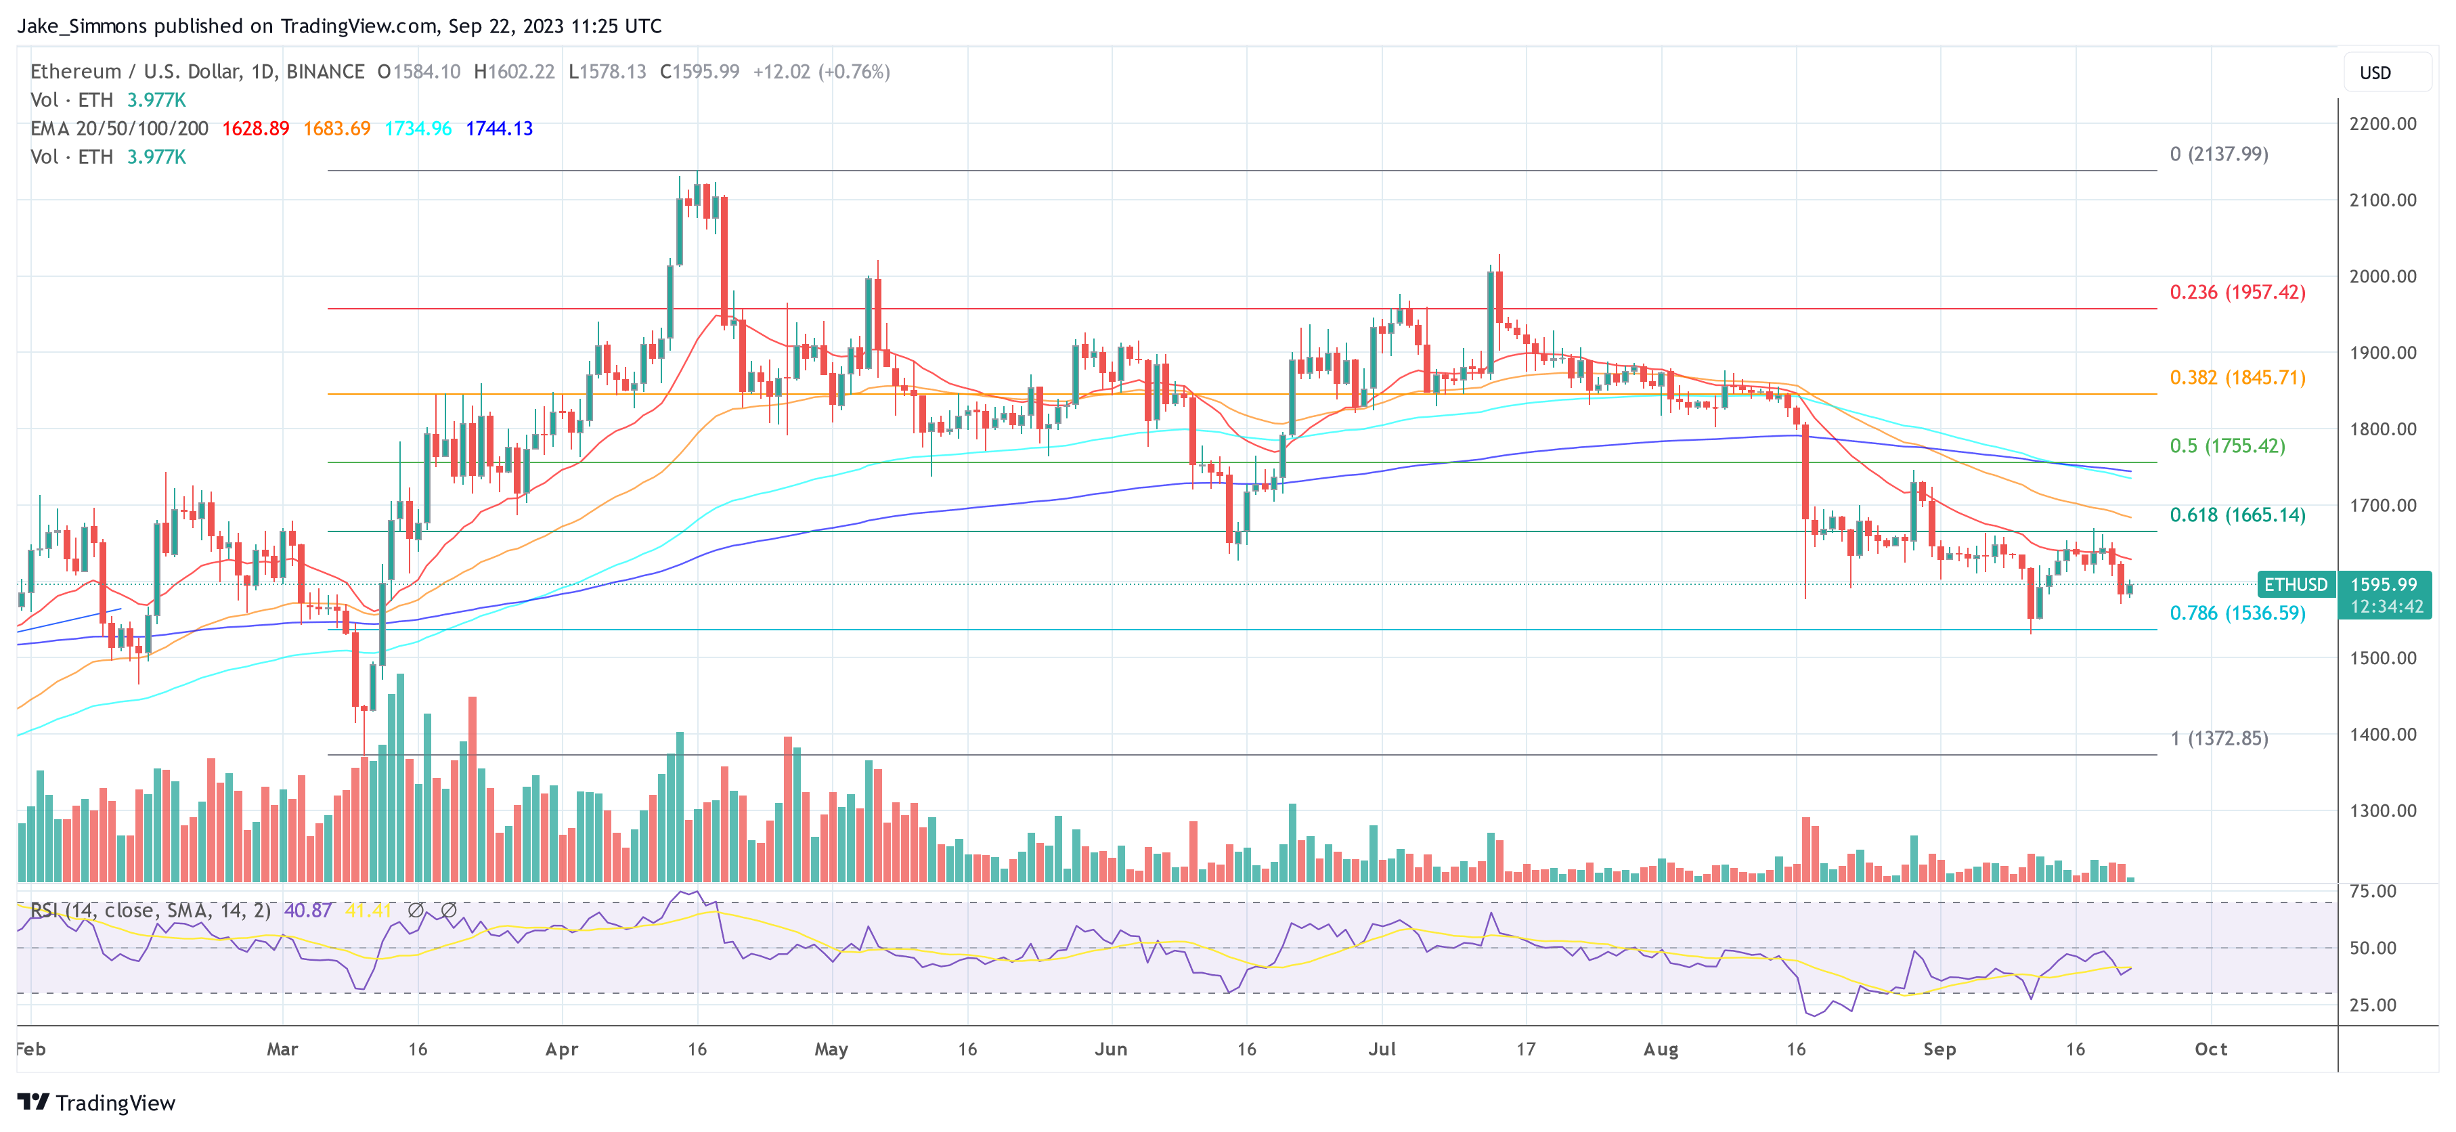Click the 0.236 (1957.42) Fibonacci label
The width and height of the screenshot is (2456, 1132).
coord(2237,292)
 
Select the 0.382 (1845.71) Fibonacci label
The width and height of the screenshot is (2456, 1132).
coord(2237,378)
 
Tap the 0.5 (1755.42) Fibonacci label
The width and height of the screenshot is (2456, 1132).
coord(2227,445)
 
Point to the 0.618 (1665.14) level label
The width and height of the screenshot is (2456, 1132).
coord(2237,515)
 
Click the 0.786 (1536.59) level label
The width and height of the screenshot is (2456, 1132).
coord(2237,613)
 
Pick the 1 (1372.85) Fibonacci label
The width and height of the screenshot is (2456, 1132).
coord(2218,738)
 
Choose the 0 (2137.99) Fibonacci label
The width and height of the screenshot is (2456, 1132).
coord(2218,154)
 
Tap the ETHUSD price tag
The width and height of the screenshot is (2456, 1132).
coord(2295,584)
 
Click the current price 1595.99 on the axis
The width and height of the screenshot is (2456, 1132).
coord(2383,584)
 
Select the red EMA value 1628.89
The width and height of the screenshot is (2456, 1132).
coord(255,129)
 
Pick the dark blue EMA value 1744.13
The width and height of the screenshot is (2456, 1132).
coord(499,129)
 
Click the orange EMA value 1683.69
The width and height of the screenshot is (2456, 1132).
coord(336,129)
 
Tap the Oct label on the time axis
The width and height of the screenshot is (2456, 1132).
coord(2211,1049)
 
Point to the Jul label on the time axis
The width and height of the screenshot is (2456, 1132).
coord(1382,1049)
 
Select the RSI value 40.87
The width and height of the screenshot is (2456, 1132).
coord(308,911)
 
